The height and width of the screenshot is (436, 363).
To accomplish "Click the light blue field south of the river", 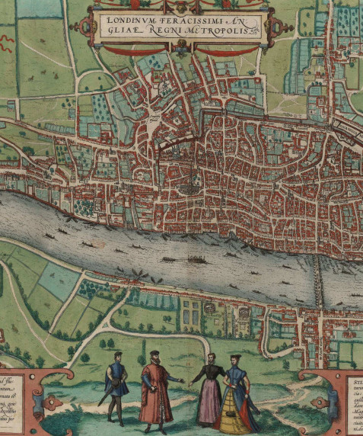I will click(57, 281).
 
